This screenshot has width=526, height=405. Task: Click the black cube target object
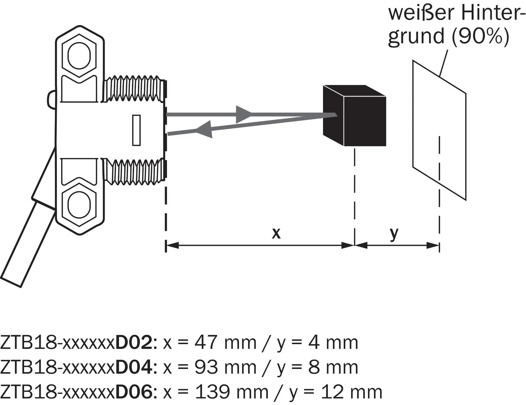coord(355,116)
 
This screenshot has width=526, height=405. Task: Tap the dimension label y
coord(394,234)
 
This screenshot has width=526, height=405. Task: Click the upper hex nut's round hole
coord(79,56)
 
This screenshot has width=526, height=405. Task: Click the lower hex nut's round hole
coord(79,205)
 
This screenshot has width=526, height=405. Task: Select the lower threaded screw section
coord(134,172)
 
